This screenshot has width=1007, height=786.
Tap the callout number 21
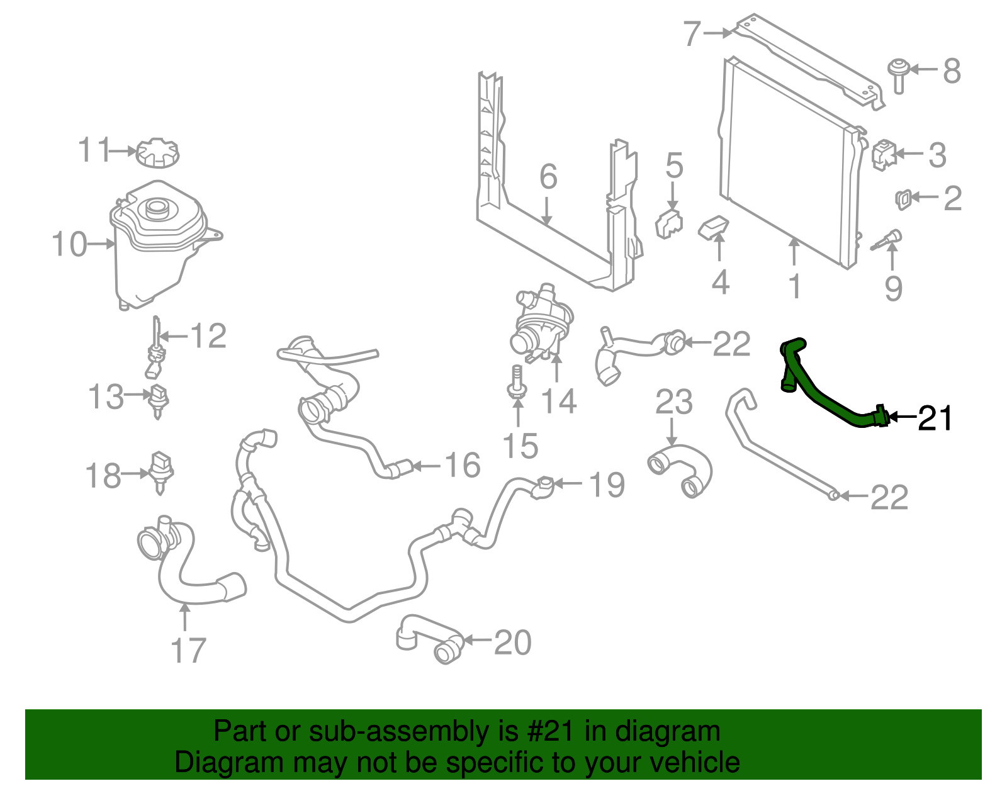(x=935, y=418)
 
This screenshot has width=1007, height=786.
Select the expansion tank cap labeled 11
(x=157, y=153)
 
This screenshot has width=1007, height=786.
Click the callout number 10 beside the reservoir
(x=69, y=244)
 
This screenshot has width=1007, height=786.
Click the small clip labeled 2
(x=902, y=199)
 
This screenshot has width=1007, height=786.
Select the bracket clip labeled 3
(x=884, y=154)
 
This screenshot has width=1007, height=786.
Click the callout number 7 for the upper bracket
(x=692, y=33)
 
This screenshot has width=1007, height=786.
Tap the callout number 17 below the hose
(x=188, y=651)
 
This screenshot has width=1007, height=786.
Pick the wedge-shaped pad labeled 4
(x=714, y=227)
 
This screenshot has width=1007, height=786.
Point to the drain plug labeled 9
(x=887, y=240)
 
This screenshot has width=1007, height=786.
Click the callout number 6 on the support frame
(x=548, y=177)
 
